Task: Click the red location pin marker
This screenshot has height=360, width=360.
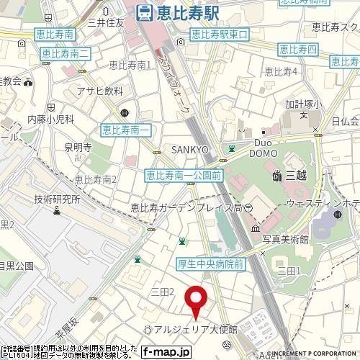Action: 195,297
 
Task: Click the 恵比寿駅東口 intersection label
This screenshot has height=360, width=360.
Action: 219,34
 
